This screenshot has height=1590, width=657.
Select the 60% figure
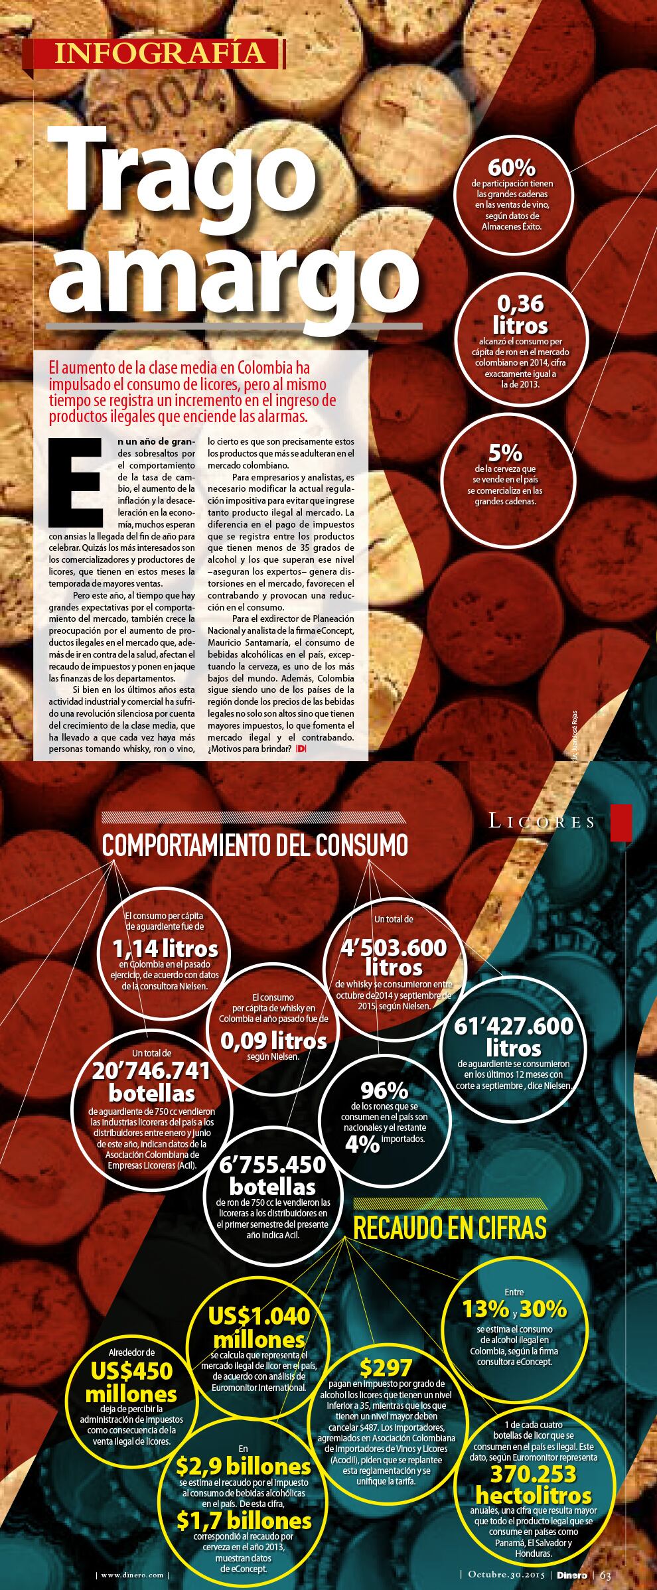coord(511,168)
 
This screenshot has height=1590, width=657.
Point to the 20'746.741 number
coord(151,1070)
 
